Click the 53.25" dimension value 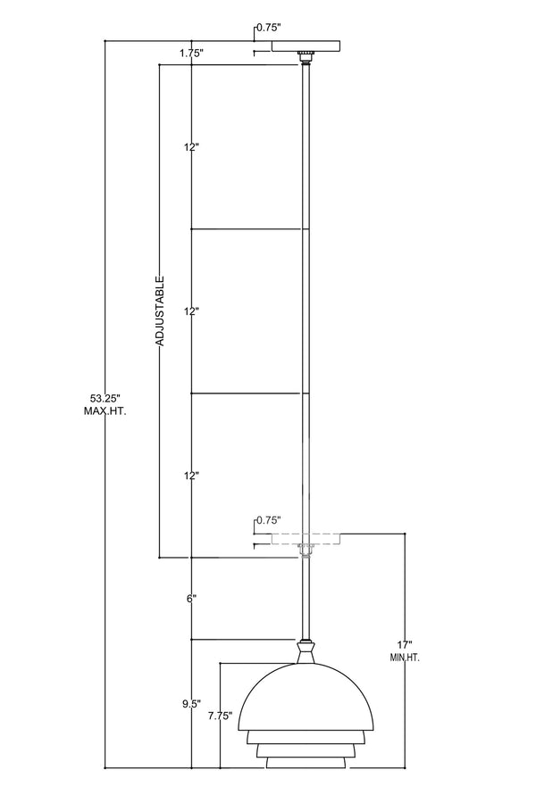click(x=105, y=398)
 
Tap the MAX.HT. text click(x=105, y=410)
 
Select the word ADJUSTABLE click(x=160, y=310)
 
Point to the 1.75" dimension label click(x=192, y=53)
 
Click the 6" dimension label click(x=192, y=599)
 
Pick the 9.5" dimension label click(x=191, y=704)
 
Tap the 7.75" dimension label click(x=221, y=716)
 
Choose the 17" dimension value click(x=405, y=645)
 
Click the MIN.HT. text click(x=405, y=658)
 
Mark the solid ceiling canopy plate click(x=306, y=46)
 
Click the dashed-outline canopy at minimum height click(x=306, y=539)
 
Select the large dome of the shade click(x=306, y=698)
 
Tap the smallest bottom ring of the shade click(x=306, y=763)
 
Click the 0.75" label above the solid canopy click(x=269, y=28)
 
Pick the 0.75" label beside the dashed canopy click(x=269, y=520)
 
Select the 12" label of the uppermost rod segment click(x=191, y=147)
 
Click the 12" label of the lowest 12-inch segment click(x=191, y=476)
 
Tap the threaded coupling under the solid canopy click(x=306, y=57)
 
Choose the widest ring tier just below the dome click(x=306, y=737)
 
